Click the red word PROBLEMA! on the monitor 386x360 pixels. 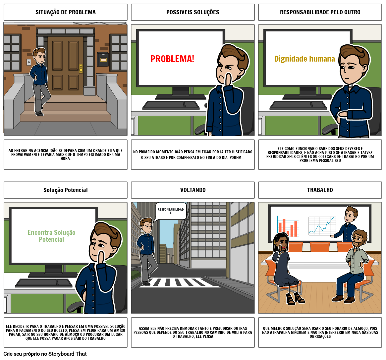[x=172, y=59]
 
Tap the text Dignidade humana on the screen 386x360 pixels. [x=304, y=59]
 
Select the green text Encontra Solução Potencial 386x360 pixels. [x=51, y=236]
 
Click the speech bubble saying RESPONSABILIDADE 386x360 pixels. [x=171, y=211]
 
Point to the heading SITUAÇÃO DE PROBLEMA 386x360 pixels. [x=66, y=12]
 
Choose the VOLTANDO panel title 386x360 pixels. [x=193, y=190]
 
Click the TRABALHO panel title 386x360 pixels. [x=320, y=190]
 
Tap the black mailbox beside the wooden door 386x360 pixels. [x=103, y=59]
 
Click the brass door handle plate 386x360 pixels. [x=81, y=69]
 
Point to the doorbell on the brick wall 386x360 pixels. [x=29, y=63]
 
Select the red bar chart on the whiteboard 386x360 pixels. [x=288, y=227]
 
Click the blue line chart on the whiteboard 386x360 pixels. [x=322, y=226]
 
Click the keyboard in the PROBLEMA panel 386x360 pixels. [x=171, y=105]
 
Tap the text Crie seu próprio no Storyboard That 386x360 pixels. [x=45, y=354]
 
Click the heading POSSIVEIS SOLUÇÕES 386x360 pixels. [x=193, y=12]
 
